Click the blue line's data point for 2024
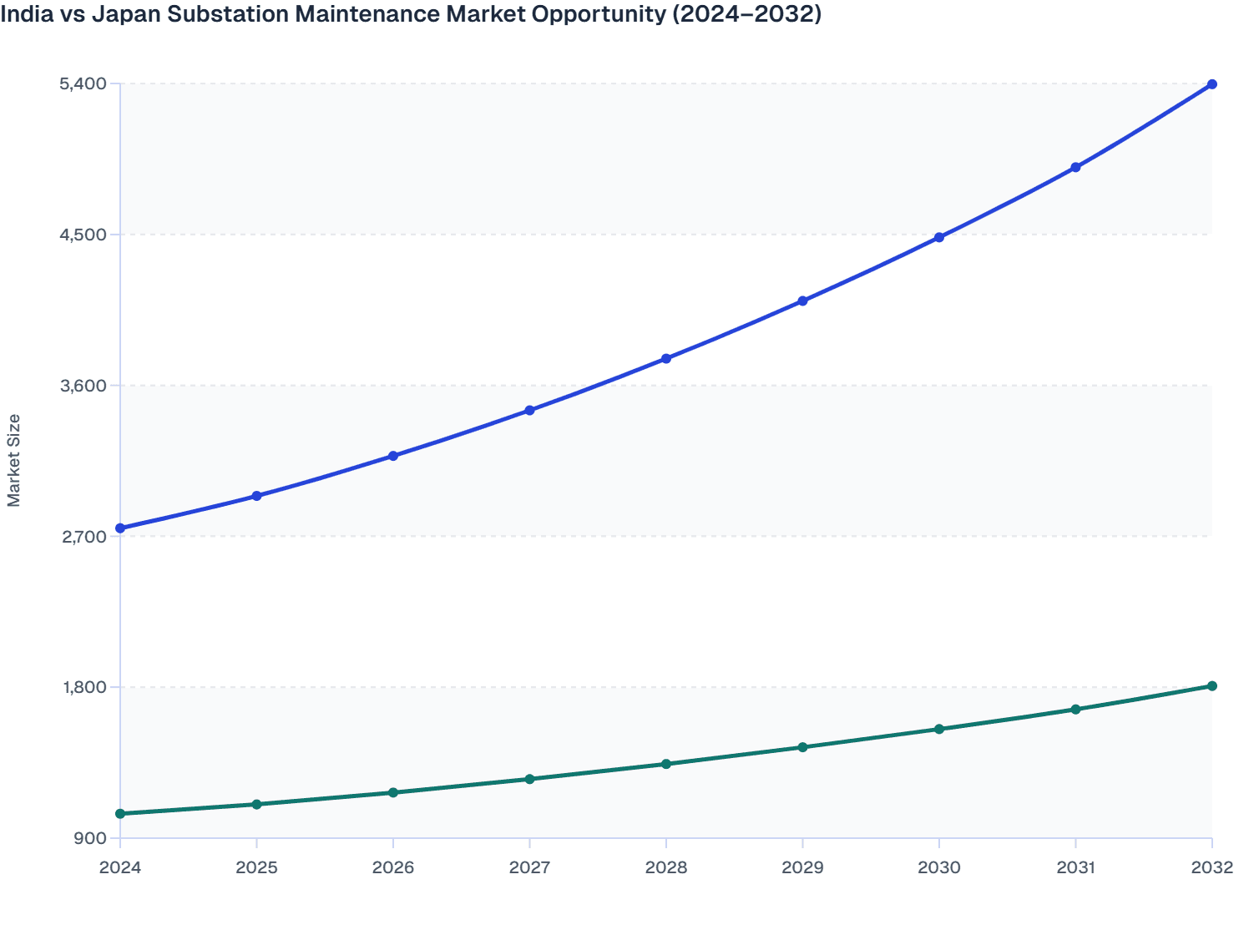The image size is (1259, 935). click(x=120, y=528)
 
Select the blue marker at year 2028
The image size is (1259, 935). click(x=666, y=359)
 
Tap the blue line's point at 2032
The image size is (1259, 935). click(x=1212, y=84)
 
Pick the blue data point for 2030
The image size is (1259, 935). click(x=939, y=238)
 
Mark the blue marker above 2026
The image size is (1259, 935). click(x=393, y=457)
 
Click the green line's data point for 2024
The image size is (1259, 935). click(x=120, y=814)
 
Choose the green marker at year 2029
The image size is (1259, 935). click(x=802, y=747)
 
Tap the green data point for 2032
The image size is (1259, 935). click(x=1212, y=686)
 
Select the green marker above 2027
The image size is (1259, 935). click(x=529, y=779)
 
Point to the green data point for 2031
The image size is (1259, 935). click(x=1075, y=710)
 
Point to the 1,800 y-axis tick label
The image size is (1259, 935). click(x=84, y=687)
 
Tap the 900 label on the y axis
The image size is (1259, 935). click(x=90, y=838)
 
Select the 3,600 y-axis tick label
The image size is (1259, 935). click(x=83, y=386)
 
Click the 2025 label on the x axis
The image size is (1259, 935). click(x=256, y=867)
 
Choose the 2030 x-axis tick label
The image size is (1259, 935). click(x=939, y=867)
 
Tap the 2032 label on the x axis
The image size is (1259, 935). click(x=1212, y=867)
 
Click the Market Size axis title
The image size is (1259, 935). click(x=13, y=461)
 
